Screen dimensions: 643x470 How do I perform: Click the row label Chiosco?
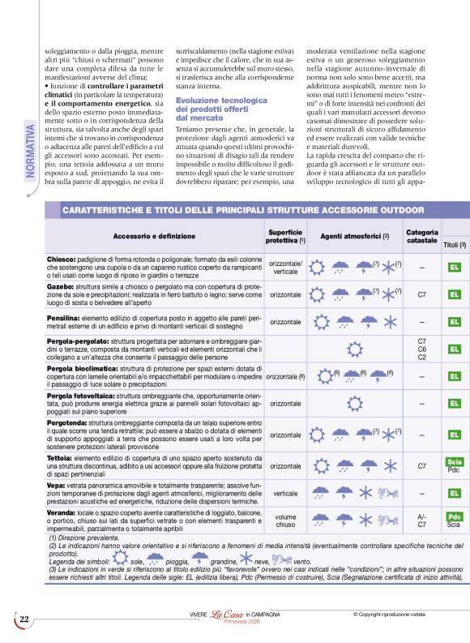[61, 258]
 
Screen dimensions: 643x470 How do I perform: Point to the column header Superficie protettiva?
[285, 236]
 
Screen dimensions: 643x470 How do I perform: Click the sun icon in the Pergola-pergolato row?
[353, 349]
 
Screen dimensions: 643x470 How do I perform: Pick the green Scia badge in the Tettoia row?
[454, 461]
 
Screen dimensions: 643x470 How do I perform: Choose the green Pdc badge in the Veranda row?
[455, 517]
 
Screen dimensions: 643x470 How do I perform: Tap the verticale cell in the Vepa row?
[285, 492]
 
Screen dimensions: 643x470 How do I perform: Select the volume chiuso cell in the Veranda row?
[285, 521]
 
